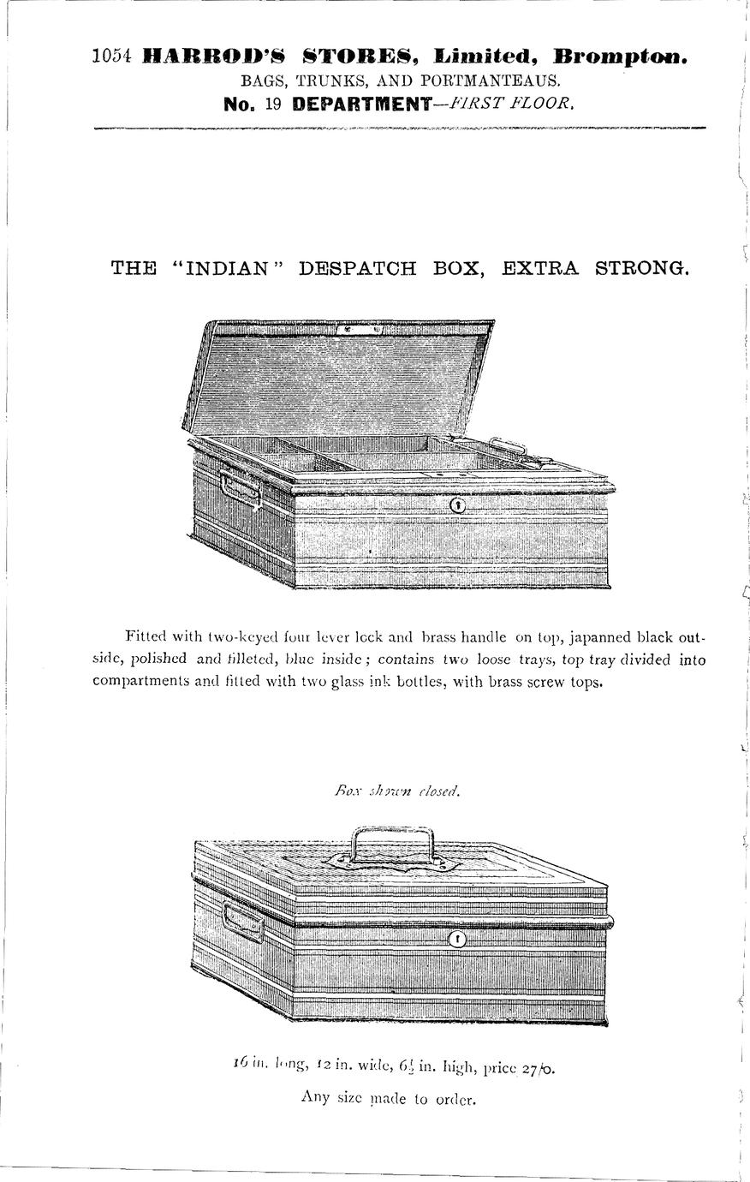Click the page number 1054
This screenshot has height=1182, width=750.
[110, 57]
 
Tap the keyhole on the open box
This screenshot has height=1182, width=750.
[458, 505]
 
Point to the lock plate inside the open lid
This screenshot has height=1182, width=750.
[360, 329]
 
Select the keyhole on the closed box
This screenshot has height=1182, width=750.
[458, 940]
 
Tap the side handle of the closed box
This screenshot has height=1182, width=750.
[242, 922]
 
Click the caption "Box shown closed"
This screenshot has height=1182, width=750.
[397, 791]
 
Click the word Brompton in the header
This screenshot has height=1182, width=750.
[621, 57]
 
